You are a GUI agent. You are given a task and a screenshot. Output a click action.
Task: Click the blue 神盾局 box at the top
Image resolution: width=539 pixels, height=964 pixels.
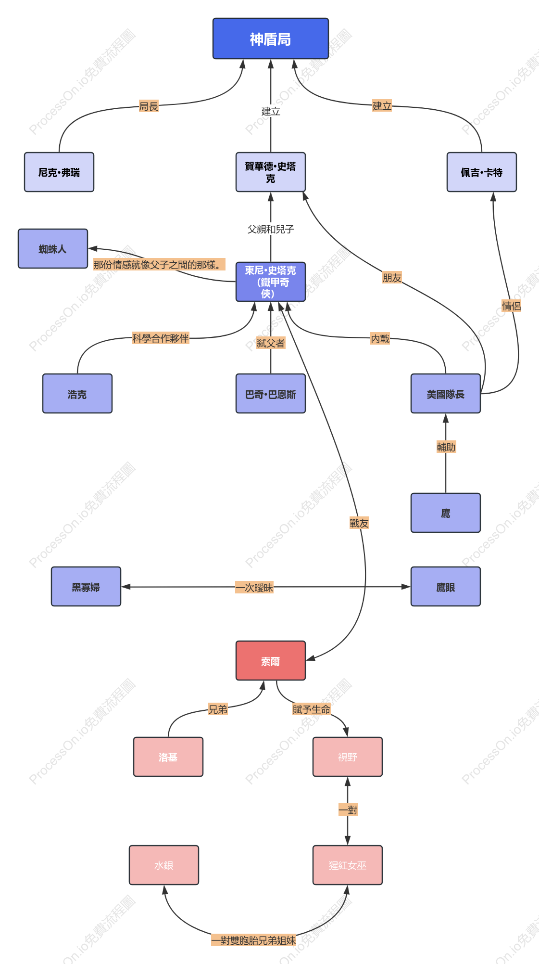pos(271,39)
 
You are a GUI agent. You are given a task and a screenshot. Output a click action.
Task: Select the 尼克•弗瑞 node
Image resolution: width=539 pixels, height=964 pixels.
pos(59,172)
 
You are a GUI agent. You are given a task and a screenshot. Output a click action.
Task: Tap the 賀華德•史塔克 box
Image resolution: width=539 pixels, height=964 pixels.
pos(271,172)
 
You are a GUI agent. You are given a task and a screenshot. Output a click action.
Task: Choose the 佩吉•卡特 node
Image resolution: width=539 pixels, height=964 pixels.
pos(482,172)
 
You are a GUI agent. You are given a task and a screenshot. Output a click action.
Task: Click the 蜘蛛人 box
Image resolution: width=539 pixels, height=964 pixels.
pos(53,249)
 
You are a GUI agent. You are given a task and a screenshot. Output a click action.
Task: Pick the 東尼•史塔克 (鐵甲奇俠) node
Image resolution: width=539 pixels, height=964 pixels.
pos(271,282)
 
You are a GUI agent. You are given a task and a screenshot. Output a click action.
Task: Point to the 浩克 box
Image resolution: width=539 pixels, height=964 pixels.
pos(77,394)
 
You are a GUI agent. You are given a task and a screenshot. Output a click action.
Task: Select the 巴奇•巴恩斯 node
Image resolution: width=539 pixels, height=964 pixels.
pos(271,394)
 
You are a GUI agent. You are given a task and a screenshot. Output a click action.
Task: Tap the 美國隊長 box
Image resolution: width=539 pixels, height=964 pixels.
pos(446,394)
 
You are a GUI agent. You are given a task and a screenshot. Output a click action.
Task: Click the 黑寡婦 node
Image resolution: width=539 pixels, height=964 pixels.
pos(86,587)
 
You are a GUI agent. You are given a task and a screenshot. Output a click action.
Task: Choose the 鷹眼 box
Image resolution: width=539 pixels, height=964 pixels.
pos(446,587)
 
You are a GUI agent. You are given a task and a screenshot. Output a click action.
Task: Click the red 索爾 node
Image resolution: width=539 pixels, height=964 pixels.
pos(271,661)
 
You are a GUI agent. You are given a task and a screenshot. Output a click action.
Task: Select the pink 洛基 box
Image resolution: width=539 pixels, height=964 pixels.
pos(168,757)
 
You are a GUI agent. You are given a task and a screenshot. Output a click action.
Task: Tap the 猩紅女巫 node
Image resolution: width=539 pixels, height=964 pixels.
pos(348,865)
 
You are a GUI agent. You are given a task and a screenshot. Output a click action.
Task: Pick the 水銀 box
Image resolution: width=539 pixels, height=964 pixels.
pos(164,865)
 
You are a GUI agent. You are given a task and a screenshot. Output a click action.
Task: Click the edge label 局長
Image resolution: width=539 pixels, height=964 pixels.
pos(149,106)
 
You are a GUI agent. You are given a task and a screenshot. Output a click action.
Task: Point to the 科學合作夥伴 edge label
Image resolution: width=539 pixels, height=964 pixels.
pos(161,338)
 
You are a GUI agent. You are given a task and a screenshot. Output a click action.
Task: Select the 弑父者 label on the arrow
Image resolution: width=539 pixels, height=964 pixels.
pos(271,343)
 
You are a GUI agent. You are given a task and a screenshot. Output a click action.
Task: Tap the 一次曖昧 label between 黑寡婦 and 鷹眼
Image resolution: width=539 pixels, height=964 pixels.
pos(254,587)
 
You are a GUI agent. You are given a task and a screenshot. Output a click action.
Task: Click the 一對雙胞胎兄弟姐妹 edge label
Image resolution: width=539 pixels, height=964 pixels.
pos(254,940)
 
